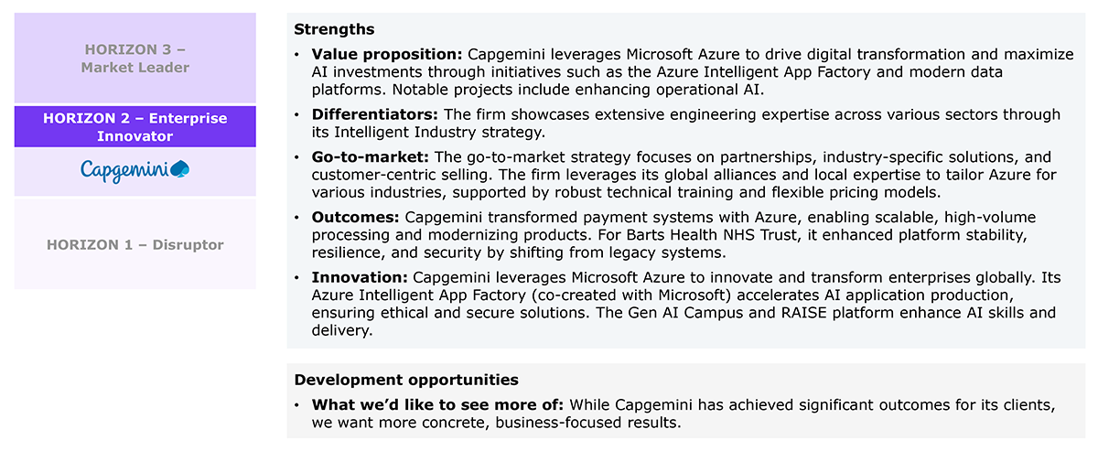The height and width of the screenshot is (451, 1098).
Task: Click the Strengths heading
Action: pyautogui.click(x=334, y=29)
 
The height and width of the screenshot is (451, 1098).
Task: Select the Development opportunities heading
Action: pyautogui.click(x=406, y=380)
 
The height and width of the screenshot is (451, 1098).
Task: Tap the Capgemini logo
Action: pyautogui.click(x=135, y=171)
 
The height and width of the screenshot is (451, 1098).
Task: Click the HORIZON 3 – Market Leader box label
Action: pyautogui.click(x=135, y=59)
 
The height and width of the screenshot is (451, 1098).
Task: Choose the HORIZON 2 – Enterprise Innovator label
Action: pyautogui.click(x=135, y=127)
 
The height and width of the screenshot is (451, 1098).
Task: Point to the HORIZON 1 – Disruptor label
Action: pyautogui.click(x=135, y=244)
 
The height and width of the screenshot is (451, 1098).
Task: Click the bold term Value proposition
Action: pyautogui.click(x=387, y=54)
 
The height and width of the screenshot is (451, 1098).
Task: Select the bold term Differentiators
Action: pyautogui.click(x=374, y=114)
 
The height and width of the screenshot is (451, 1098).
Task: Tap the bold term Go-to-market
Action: pyautogui.click(x=370, y=156)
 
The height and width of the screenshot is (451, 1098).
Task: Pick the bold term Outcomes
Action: pyautogui.click(x=355, y=217)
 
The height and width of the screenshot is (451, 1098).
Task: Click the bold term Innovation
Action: pyautogui.click(x=360, y=277)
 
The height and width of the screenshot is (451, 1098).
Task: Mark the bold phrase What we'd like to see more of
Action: pyautogui.click(x=437, y=405)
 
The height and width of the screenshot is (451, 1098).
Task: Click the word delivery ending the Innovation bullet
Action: pyautogui.click(x=342, y=330)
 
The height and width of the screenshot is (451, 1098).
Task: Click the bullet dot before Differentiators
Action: pyautogui.click(x=296, y=114)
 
